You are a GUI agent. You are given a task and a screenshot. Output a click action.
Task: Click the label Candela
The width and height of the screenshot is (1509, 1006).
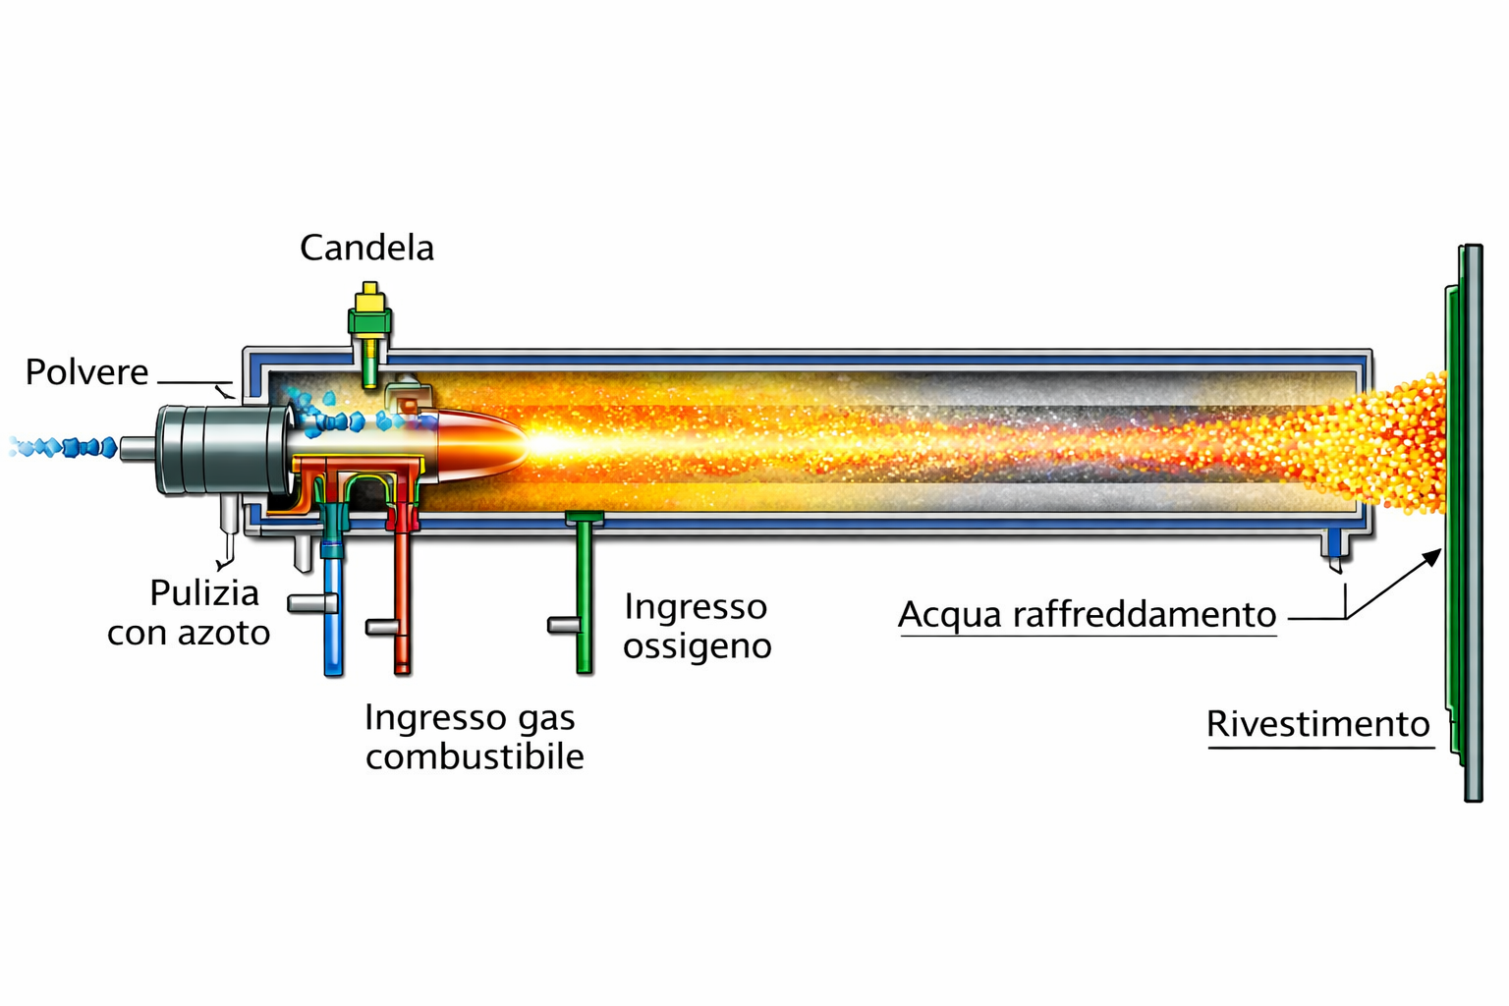coord(366,248)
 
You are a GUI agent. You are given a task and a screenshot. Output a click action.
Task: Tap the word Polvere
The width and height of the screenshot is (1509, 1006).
coord(86,372)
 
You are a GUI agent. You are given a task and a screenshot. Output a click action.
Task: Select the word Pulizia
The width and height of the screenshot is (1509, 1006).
coord(204,593)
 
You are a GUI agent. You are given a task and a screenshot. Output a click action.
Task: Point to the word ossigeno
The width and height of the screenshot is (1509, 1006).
coord(697,647)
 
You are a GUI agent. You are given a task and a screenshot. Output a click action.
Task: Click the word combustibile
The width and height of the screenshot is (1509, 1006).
coord(475,756)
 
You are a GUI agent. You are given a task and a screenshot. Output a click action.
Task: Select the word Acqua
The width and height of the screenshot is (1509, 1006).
coord(950,615)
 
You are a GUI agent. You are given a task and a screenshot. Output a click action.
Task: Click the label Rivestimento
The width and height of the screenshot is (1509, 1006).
coord(1317,724)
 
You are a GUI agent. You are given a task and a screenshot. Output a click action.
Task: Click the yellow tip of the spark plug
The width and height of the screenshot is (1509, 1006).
coord(370,292)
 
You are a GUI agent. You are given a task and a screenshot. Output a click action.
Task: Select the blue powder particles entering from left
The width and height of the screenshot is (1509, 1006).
coord(64,448)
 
